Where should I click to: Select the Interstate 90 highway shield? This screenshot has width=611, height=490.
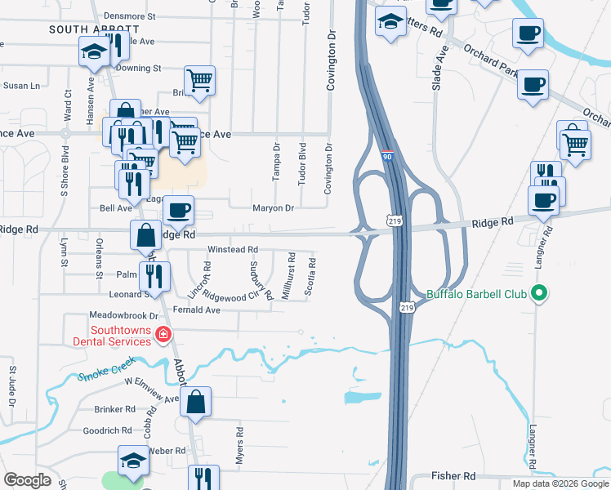coord(387,154)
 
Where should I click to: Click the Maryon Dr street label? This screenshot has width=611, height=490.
coord(272,207)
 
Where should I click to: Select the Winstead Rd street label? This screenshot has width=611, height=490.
coord(233,249)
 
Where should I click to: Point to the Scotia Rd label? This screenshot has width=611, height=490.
coord(310,278)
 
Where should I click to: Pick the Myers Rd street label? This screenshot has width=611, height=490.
coord(240,446)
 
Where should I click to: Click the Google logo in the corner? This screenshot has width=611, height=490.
coord(27,480)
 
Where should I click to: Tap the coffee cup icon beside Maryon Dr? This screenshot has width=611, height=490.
coord(178,211)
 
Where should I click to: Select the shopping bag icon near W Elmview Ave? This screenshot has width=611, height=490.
coord(196,402)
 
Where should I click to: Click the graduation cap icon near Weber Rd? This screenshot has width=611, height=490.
coord(134,461)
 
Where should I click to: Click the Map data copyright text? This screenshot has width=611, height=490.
coord(560,483)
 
